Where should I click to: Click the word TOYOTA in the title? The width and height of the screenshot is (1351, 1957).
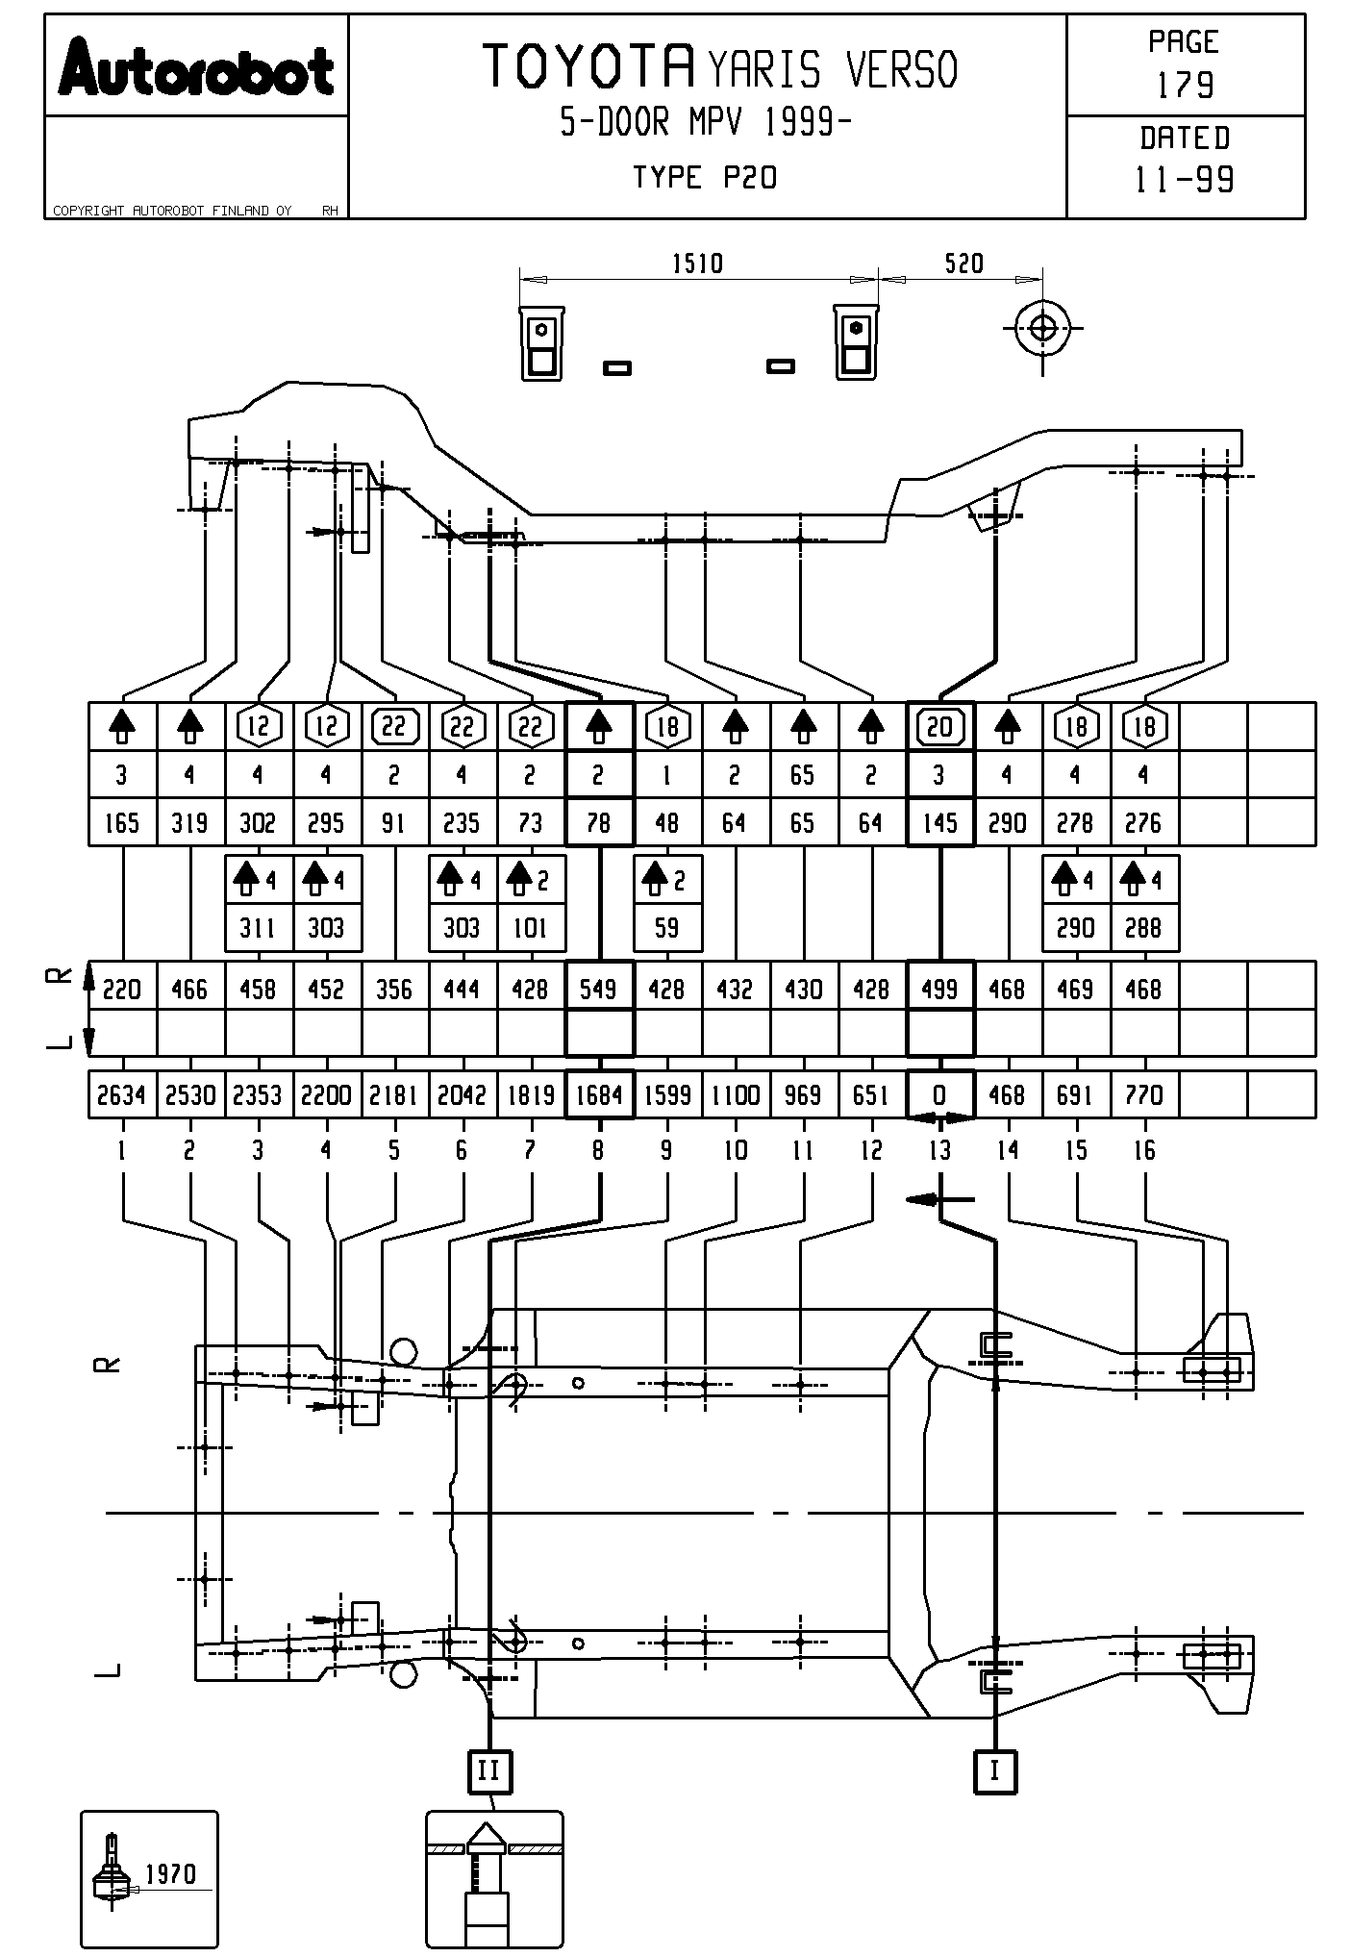point(588,66)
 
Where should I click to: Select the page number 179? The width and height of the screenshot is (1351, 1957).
point(1185,86)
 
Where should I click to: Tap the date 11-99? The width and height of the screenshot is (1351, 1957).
point(1185,180)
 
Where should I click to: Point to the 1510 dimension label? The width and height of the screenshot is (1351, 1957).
point(697,263)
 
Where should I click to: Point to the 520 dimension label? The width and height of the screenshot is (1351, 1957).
point(963,263)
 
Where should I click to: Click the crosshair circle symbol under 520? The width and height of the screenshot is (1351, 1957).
point(1042,328)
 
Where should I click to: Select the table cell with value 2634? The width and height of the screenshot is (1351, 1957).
point(121,1094)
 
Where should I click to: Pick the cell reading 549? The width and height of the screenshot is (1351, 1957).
point(599,989)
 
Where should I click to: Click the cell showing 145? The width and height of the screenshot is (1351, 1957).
point(939,823)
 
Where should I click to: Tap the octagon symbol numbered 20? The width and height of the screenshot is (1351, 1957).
point(939,727)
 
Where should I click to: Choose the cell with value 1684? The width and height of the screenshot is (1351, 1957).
point(599,1094)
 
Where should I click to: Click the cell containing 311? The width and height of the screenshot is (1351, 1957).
point(258,928)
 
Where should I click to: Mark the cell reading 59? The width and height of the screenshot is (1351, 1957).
point(666,928)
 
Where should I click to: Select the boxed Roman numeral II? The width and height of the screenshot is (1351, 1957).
point(489,1770)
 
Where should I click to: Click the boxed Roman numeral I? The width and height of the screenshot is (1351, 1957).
point(995,1770)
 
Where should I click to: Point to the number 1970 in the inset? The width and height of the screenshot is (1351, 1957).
point(170,1873)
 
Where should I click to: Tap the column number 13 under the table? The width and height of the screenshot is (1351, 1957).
point(939,1150)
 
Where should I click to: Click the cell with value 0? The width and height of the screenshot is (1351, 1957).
point(939,1094)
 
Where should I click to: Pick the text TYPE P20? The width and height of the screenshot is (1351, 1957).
point(705,178)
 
